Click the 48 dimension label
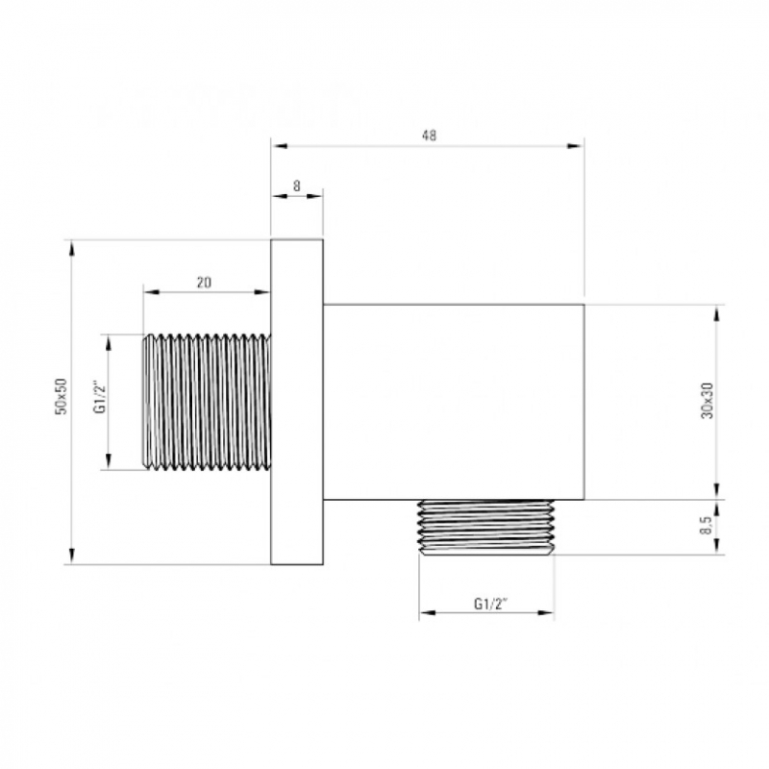429,136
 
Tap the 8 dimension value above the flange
297,186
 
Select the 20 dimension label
204,283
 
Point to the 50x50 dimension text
61,396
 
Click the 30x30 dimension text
707,400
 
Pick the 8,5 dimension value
707,526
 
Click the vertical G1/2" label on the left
100,396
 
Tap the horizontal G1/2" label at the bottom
490,604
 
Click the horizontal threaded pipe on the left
207,402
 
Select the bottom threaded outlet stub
485,528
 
